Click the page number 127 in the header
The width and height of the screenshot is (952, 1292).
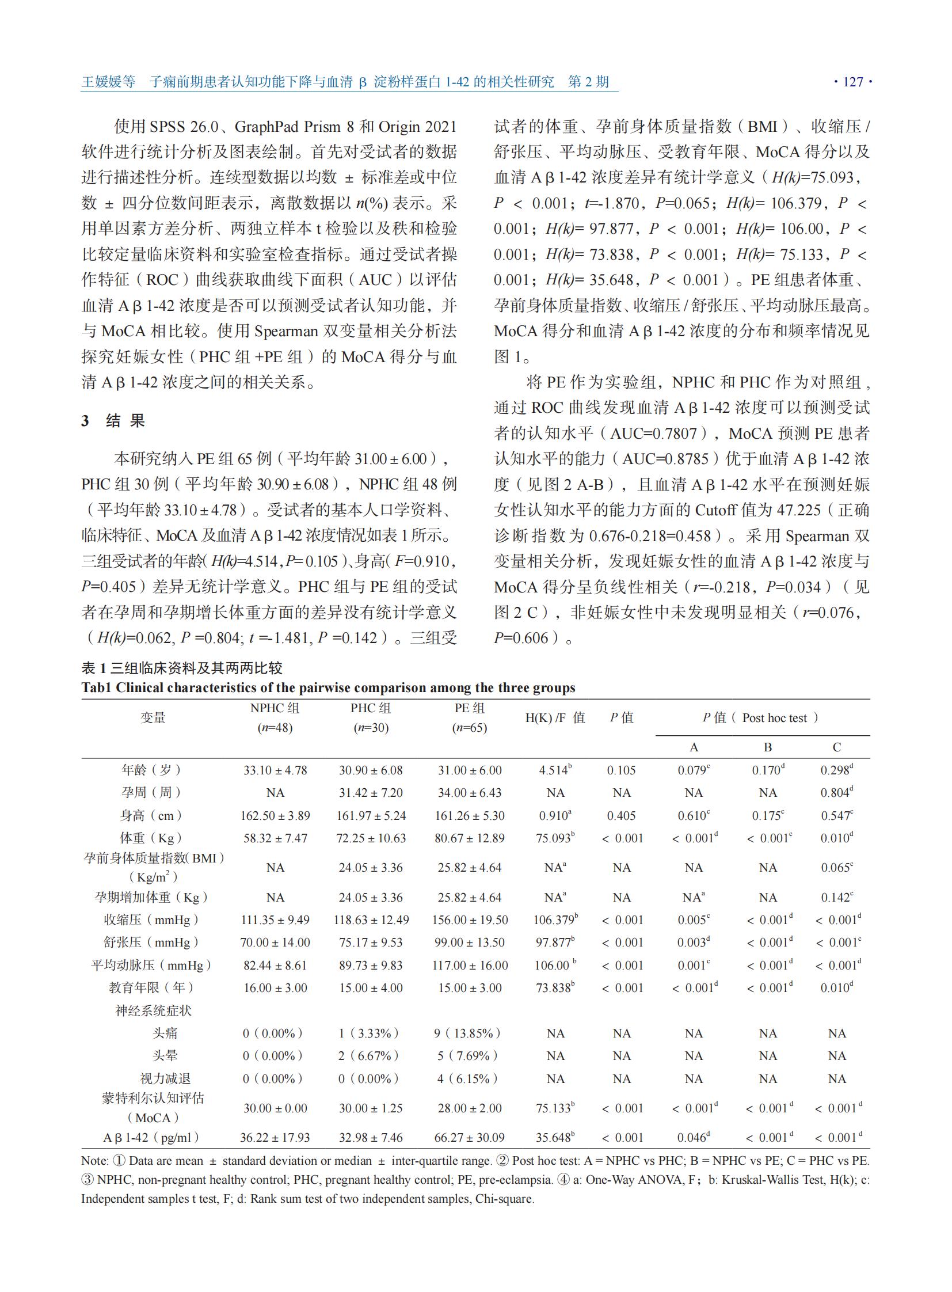tap(853, 82)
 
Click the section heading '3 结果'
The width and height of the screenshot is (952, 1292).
tap(113, 420)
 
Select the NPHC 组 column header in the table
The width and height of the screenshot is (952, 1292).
tap(275, 708)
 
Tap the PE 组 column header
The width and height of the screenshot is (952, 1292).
tap(469, 708)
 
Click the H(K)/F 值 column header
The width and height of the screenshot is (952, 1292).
tap(555, 718)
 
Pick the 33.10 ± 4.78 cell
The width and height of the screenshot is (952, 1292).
tap(275, 770)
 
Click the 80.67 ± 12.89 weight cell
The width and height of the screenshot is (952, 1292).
tap(469, 838)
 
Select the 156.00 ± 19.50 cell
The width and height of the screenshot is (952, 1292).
tap(470, 920)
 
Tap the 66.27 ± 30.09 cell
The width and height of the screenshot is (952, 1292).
tap(469, 1138)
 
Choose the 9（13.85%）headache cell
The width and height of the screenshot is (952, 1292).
tap(467, 1033)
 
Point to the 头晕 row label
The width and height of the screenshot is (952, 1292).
tap(165, 1055)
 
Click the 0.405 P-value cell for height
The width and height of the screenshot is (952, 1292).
tap(621, 816)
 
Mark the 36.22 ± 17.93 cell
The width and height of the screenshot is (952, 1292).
tap(275, 1138)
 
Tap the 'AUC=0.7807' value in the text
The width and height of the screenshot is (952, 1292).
tap(653, 434)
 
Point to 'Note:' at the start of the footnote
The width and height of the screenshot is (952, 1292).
tap(94, 1161)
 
